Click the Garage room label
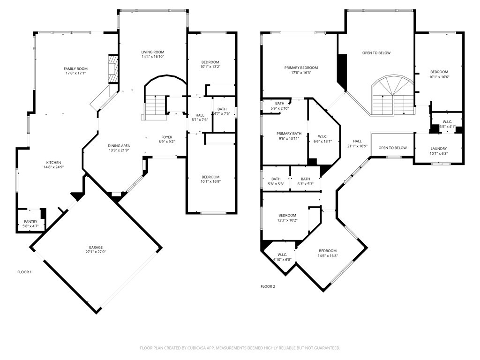click(96, 247)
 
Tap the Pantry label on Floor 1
click(30, 222)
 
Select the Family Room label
click(75, 69)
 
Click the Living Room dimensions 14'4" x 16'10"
click(153, 57)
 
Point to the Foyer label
click(167, 137)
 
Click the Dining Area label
click(119, 146)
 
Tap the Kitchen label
click(53, 163)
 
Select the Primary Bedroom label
click(301, 67)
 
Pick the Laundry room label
click(439, 149)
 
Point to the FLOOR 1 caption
click(24, 272)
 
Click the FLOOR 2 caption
click(268, 286)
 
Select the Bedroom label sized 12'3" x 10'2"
click(287, 215)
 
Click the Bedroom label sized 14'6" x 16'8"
click(328, 251)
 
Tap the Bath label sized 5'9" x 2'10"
click(280, 103)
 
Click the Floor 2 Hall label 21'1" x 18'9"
click(357, 141)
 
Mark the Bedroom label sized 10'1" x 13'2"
click(210, 62)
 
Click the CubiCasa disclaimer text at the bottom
click(240, 348)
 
